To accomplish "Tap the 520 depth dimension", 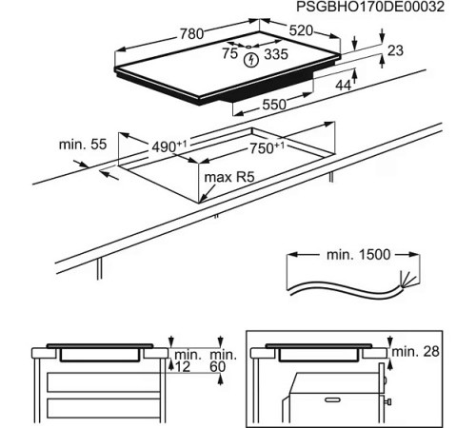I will [302, 32].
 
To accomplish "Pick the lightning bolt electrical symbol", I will [251, 60].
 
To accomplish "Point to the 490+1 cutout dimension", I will [174, 146].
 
